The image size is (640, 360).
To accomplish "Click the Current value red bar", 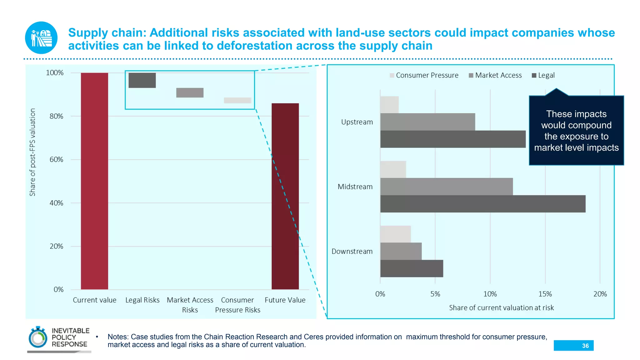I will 94,181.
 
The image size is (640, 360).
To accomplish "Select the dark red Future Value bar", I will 285,196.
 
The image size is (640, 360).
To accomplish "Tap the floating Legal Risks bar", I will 142,80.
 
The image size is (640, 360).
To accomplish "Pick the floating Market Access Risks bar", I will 190,92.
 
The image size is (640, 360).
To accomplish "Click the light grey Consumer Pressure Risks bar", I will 237,100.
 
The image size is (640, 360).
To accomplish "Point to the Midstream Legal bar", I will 482,204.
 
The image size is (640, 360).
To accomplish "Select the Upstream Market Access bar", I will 427,122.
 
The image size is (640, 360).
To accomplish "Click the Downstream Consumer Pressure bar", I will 395,234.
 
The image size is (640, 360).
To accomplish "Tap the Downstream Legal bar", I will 412,268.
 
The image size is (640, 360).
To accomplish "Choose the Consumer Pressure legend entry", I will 424,75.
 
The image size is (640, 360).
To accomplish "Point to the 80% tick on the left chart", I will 56,116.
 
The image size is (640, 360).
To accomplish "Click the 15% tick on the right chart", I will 545,294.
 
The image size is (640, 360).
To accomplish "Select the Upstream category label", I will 357,122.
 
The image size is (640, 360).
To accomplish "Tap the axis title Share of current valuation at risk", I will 501,308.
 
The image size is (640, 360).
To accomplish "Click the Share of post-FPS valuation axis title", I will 32,152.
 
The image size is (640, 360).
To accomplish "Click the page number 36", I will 585,346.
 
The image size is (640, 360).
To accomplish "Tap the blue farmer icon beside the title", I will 41,38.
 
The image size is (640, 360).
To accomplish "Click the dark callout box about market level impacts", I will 576,131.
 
